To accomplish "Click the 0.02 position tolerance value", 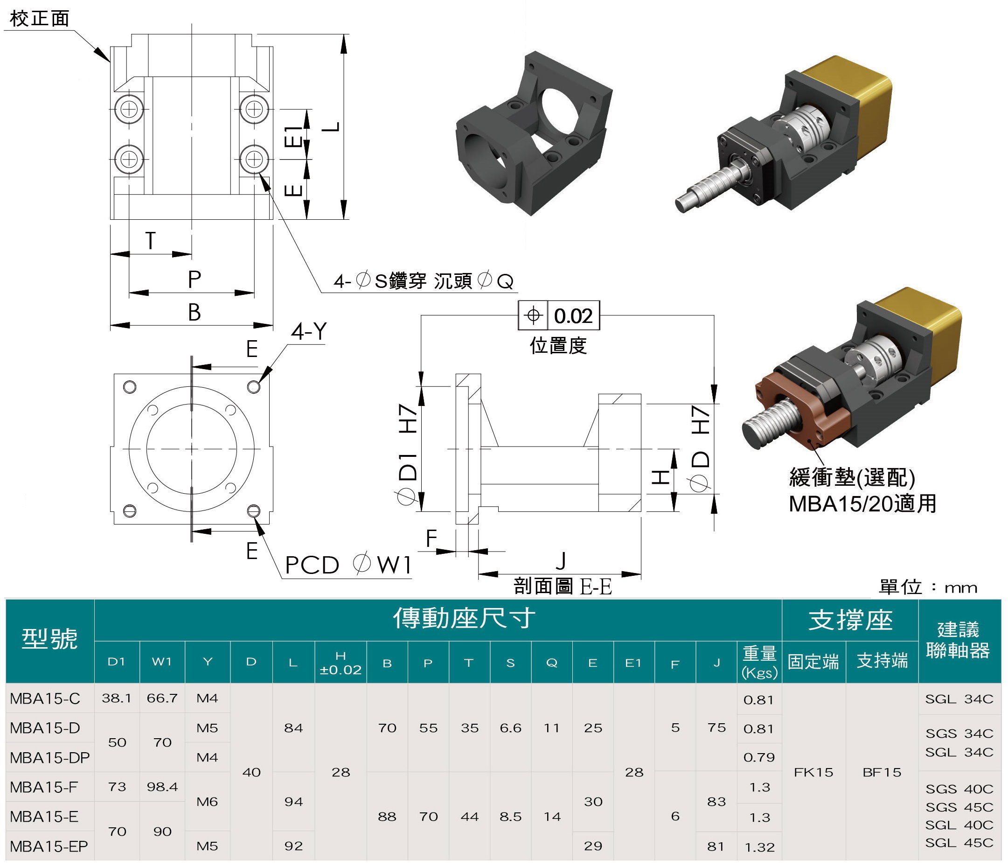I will click(x=573, y=316).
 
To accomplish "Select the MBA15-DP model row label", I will click(x=49, y=757).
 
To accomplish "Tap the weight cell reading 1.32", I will click(x=759, y=847).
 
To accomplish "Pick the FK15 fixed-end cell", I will click(x=813, y=772).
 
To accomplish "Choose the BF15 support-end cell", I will click(x=882, y=772).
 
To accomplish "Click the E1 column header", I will click(x=633, y=663).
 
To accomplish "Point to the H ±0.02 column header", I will click(x=341, y=663).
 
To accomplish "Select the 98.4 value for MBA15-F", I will click(x=162, y=787).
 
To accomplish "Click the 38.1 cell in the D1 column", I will click(x=116, y=698).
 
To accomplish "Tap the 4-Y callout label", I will click(x=309, y=331).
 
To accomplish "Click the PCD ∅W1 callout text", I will click(x=348, y=565).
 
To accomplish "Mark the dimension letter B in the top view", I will click(x=194, y=312).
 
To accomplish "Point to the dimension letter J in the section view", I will click(x=561, y=560).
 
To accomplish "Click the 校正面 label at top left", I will click(x=40, y=19).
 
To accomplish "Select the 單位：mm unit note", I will click(x=928, y=587).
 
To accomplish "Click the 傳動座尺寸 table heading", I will click(x=464, y=619).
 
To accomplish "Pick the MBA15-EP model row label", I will click(x=49, y=846).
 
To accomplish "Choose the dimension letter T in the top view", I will click(x=150, y=240).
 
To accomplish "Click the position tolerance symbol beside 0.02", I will click(x=533, y=315).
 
